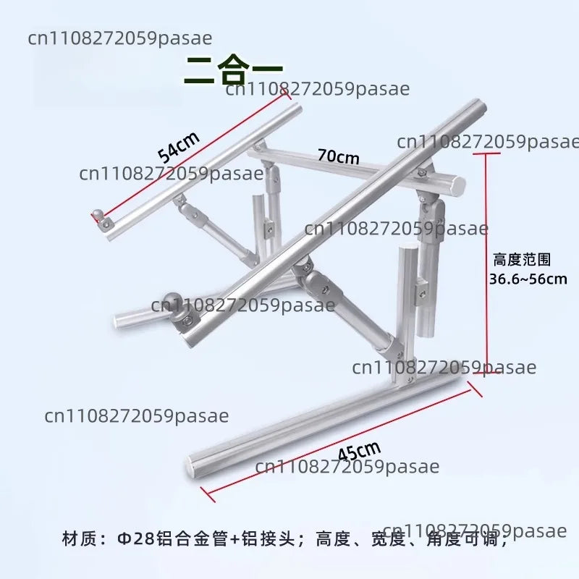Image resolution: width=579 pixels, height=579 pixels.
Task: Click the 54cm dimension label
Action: coord(179,147)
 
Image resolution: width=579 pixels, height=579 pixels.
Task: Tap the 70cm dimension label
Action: coord(338,156)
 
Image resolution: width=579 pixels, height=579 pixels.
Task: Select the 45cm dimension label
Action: coord(359,451)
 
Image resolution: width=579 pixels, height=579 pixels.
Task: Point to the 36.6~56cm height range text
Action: coord(528,279)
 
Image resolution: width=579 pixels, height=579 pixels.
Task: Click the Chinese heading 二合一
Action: coord(233,69)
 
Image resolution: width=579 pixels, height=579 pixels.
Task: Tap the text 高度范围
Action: coord(522,260)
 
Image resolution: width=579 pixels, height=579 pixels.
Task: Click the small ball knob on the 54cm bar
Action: coord(98,214)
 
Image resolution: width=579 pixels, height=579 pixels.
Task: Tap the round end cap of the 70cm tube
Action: coord(458,186)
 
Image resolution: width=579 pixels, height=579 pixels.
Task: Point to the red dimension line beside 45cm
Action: coord(342,442)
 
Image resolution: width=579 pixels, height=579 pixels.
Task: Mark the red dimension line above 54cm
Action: coord(191,156)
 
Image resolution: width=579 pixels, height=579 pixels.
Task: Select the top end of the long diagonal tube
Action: coord(479,106)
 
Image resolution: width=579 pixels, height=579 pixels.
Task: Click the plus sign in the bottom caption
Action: coord(234,539)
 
